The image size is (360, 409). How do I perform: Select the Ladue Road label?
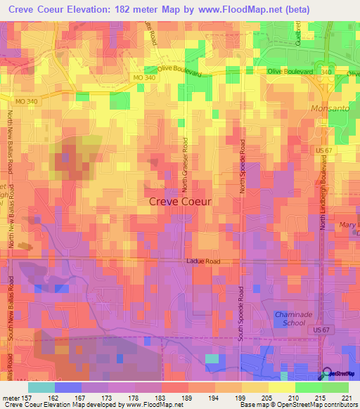[x=203, y=261]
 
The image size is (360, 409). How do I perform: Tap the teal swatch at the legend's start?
[x=41, y=387]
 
